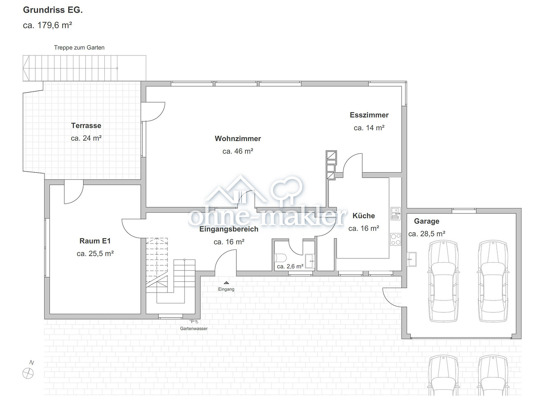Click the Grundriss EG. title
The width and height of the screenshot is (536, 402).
[x=53, y=10]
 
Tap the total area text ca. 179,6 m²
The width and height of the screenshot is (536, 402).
[x=47, y=25]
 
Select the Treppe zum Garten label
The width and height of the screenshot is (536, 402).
[x=79, y=48]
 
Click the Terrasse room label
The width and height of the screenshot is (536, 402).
[x=86, y=125]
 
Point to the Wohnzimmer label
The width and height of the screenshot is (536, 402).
[x=238, y=138]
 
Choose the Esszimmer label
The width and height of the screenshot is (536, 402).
[x=369, y=115]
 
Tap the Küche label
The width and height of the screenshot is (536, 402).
[x=363, y=216]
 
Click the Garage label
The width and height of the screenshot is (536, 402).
[x=427, y=221]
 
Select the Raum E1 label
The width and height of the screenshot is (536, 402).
[x=95, y=241]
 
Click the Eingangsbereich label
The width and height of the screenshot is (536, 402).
[x=229, y=229]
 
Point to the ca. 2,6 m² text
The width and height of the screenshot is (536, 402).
[x=290, y=267]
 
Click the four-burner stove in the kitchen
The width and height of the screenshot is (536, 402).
[x=395, y=239]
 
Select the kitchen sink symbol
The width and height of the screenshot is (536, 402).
[x=395, y=214]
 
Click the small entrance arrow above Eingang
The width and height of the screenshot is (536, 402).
[x=226, y=283]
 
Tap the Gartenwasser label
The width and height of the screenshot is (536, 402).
[x=194, y=328]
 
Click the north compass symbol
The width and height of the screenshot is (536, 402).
[x=28, y=373]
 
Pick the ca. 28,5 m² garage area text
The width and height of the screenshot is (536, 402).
[x=427, y=234]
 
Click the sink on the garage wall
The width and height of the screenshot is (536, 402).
[x=412, y=259]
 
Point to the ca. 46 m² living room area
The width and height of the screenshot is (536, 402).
[x=237, y=151]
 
